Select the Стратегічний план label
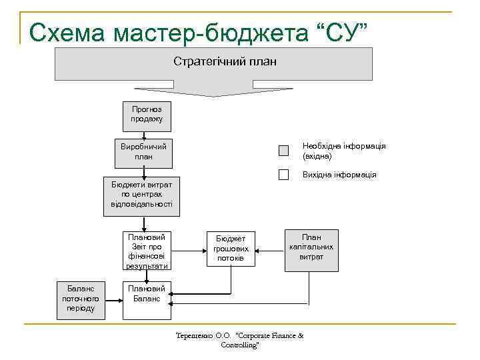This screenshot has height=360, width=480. tap(225, 61)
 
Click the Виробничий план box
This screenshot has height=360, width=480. tap(143, 151)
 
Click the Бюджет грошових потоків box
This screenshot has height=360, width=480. tap(230, 248)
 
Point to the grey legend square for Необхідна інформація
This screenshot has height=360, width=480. tap(283, 151)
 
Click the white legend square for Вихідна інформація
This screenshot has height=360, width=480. tap(283, 175)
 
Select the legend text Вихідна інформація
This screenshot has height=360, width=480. tap(339, 175)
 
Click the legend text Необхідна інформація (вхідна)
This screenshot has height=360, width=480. tap(343, 151)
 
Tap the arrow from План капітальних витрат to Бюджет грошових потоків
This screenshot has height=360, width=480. tap(270, 251)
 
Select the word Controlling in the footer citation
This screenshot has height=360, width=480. tap(238, 345)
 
